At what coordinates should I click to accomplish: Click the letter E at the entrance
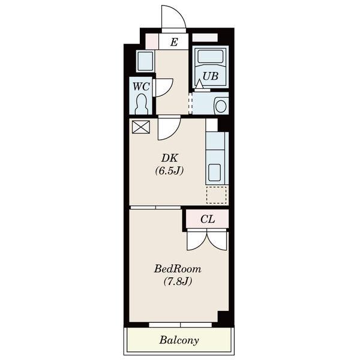click(x=174, y=42)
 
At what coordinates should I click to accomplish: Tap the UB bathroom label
click(x=211, y=76)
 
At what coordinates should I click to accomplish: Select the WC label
click(x=141, y=86)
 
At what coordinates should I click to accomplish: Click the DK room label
click(x=170, y=158)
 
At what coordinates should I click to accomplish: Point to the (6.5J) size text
click(x=170, y=170)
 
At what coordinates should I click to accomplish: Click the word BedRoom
click(x=178, y=269)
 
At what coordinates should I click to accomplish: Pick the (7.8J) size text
click(x=178, y=281)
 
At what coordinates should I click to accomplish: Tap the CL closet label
click(x=208, y=219)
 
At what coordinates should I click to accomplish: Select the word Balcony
click(x=179, y=340)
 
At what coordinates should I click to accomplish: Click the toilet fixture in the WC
click(x=141, y=104)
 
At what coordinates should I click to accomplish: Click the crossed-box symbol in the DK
click(x=141, y=127)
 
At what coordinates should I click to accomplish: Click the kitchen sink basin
click(x=214, y=173)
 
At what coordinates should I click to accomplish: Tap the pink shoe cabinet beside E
click(x=152, y=41)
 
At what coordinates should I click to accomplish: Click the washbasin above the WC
click(x=145, y=61)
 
